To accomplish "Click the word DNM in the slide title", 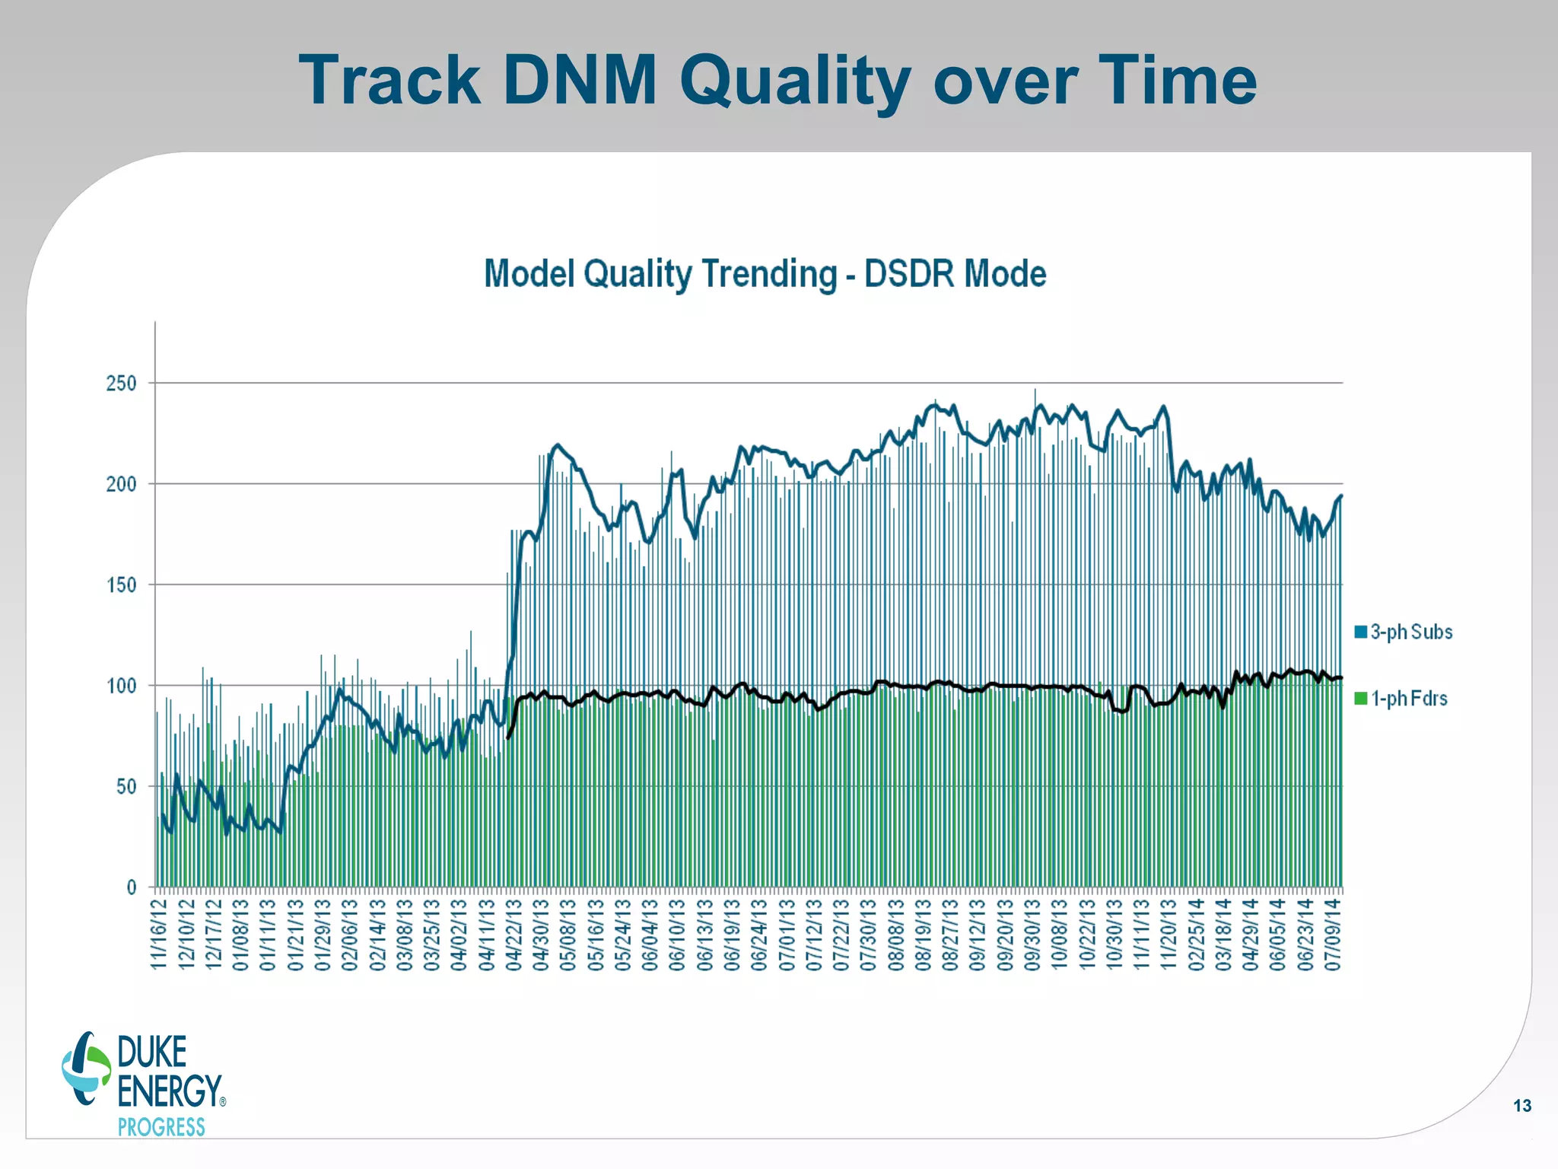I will [580, 80].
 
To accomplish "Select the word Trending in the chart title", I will [768, 274].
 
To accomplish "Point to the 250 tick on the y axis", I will [122, 384].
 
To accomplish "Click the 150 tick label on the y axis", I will [122, 585].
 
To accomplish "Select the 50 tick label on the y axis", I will [126, 787].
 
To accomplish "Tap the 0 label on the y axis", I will [132, 887].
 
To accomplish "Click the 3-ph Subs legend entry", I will [1410, 632].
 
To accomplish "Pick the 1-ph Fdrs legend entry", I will [1408, 699].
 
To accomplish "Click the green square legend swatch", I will [1361, 699].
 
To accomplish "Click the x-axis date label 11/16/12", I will [159, 935].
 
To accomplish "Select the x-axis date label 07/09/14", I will [1332, 935].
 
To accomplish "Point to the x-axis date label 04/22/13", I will [514, 935].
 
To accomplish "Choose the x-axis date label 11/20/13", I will [1168, 935].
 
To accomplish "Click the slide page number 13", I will [1522, 1106].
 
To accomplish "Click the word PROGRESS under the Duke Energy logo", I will [161, 1127].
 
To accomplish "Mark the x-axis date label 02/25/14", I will [1196, 935].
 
